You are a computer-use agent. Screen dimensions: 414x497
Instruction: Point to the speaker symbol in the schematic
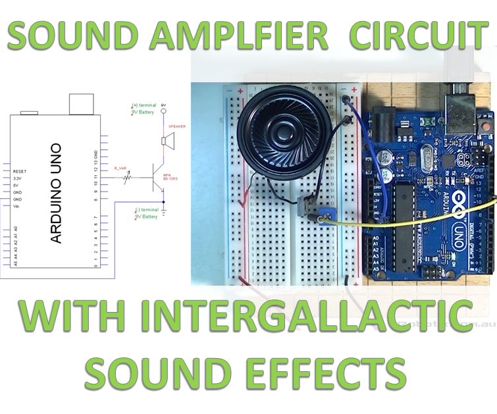[x=167, y=142]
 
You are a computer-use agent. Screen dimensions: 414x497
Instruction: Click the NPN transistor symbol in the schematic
[x=159, y=177]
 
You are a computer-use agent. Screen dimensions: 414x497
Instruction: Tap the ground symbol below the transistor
[x=165, y=210]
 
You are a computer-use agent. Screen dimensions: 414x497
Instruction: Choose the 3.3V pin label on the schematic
[x=18, y=178]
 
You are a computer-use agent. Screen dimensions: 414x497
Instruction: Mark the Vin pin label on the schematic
[x=16, y=206]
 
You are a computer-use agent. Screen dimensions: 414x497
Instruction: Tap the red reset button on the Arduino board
[x=428, y=122]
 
